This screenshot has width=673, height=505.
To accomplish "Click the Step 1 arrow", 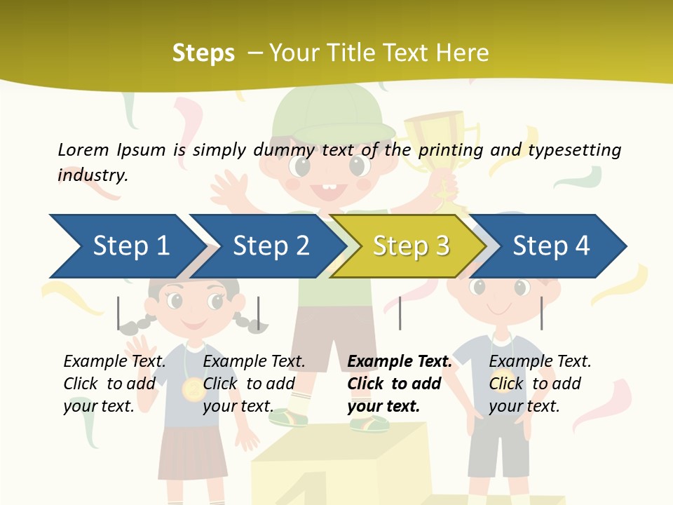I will click(126, 246).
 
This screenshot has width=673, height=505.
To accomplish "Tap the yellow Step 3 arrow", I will click(410, 246).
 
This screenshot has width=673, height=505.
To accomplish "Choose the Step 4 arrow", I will click(550, 246).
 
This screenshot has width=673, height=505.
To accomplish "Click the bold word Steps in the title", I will click(203, 53).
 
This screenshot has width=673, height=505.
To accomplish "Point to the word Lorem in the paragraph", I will click(83, 149).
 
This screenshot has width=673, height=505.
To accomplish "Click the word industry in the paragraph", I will click(92, 175).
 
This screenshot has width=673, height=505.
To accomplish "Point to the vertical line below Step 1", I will click(118, 313).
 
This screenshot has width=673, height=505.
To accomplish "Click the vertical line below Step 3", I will click(400, 313).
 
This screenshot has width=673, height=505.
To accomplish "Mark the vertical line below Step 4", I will click(541, 313).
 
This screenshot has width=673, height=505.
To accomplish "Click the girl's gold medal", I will click(191, 388).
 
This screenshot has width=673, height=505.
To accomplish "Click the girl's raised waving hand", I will click(144, 349).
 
